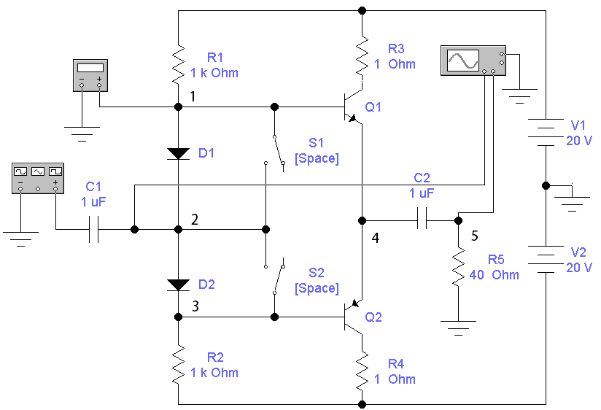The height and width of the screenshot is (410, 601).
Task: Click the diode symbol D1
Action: pyautogui.click(x=178, y=154)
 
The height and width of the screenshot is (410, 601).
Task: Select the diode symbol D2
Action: pyautogui.click(x=178, y=285)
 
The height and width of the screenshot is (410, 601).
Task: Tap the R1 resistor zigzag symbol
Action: pyautogui.click(x=178, y=63)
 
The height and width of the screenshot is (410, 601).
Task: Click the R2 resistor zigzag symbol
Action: pyautogui.click(x=178, y=363)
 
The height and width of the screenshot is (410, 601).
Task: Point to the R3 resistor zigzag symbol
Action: pyautogui.click(x=362, y=56)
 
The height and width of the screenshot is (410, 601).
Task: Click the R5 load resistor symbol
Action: pyautogui.click(x=459, y=266)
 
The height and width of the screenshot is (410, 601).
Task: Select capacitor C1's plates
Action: pyautogui.click(x=93, y=229)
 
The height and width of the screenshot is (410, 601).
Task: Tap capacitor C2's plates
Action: pyautogui.click(x=422, y=220)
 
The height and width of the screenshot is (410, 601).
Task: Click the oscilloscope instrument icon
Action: pyautogui.click(x=473, y=61)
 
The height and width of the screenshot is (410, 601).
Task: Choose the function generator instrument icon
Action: pyautogui.click(x=38, y=178)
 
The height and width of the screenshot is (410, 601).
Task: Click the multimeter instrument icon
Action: pyautogui.click(x=90, y=75)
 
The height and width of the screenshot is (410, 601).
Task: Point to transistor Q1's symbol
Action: pyautogui.click(x=352, y=107)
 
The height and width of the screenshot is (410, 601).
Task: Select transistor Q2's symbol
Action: pyautogui.click(x=352, y=317)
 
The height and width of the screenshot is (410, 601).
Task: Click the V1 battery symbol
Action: pyautogui.click(x=546, y=132)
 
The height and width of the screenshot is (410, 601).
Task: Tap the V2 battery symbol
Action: pyautogui.click(x=546, y=259)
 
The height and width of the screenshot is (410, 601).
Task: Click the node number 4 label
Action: pyautogui.click(x=375, y=238)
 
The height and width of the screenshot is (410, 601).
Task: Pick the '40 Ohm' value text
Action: pyautogui.click(x=494, y=274)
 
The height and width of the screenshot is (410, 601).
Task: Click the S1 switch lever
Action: pyautogui.click(x=279, y=150)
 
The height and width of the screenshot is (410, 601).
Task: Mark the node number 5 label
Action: pyautogui.click(x=475, y=236)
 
